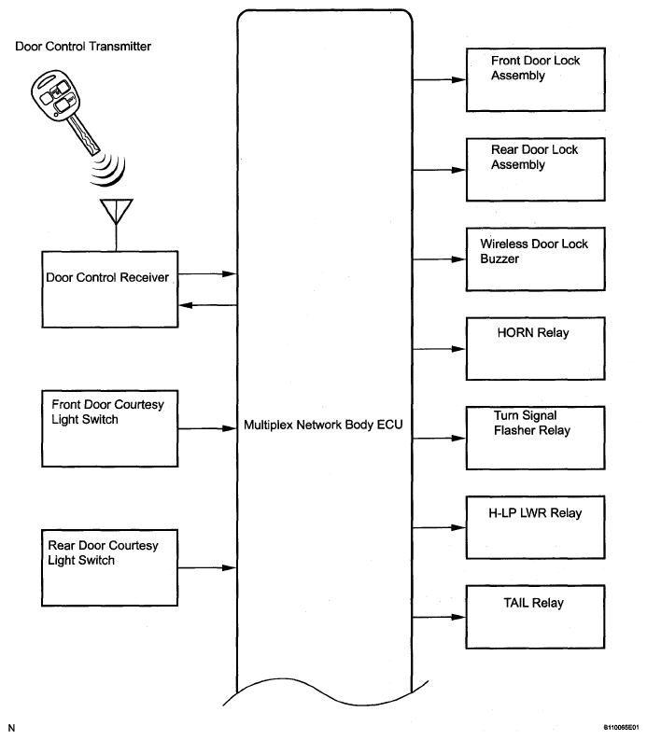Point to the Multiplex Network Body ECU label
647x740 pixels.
point(323,425)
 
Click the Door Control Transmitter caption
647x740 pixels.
point(83,47)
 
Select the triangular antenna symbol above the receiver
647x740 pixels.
point(116,211)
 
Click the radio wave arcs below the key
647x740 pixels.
point(109,171)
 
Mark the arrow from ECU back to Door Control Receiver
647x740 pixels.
point(208,305)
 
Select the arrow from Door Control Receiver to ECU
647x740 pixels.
point(207,273)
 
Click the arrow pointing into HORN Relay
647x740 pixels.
point(439,349)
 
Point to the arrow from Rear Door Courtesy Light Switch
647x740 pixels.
point(207,567)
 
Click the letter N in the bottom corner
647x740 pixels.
point(12,728)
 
